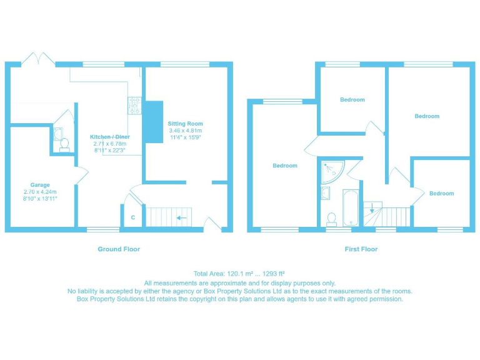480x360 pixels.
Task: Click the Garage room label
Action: (x=41, y=185)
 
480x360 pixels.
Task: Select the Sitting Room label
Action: (x=185, y=124)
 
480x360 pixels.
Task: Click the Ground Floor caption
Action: (x=119, y=249)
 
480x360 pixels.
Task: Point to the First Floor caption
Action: (x=361, y=249)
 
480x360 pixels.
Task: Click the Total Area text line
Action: (x=240, y=274)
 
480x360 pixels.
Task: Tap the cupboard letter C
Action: (x=132, y=217)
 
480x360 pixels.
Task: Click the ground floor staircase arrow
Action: (x=181, y=218)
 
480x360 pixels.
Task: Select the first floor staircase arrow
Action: (x=372, y=209)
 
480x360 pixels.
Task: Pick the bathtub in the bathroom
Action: (x=349, y=207)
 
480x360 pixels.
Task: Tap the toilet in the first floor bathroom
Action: (x=331, y=218)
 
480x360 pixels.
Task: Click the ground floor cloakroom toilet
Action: (x=64, y=144)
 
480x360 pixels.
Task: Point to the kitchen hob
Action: (x=134, y=106)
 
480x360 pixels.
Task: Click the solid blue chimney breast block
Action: (x=152, y=122)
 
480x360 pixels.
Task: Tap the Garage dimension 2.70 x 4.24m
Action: (x=41, y=191)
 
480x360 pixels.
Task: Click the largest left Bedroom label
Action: (x=285, y=166)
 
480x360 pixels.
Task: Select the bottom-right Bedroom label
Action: (x=441, y=194)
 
